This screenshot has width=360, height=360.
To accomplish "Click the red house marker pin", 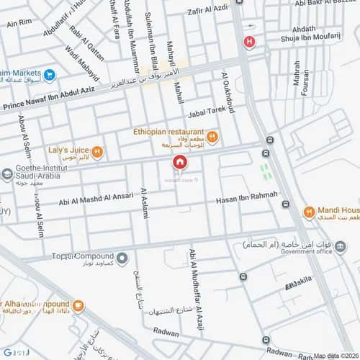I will [179, 164].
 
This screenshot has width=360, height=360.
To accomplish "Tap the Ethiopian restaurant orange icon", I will [212, 137].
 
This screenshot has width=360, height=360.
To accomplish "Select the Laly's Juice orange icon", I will [97, 152].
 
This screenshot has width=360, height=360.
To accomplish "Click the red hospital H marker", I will [249, 42].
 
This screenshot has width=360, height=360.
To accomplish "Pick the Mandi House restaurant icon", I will [308, 212].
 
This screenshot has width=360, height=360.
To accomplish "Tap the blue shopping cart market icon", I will [49, 74].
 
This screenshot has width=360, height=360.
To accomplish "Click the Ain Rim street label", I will [19, 23].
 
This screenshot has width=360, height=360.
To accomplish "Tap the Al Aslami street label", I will [144, 204].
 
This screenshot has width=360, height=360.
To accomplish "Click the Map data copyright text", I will [334, 355].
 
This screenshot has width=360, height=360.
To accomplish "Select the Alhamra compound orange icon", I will [78, 305].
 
